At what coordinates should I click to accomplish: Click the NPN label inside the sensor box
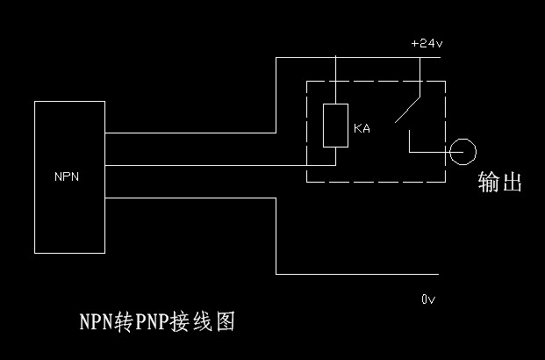pyautogui.click(x=67, y=176)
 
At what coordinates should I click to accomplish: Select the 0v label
pyautogui.click(x=427, y=299)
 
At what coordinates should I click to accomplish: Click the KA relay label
pyautogui.click(x=362, y=129)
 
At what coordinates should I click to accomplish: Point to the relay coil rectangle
pyautogui.click(x=335, y=126)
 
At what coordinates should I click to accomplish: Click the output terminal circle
pyautogui.click(x=462, y=153)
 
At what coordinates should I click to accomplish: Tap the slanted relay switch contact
pyautogui.click(x=406, y=105)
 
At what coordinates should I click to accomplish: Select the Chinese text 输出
pyautogui.click(x=499, y=182)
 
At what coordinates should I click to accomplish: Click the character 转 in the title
pyautogui.click(x=122, y=321)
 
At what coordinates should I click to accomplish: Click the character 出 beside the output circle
pyautogui.click(x=511, y=182)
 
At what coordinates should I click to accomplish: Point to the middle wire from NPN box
pyautogui.click(x=219, y=165)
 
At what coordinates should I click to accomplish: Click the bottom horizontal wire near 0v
pyautogui.click(x=342, y=274)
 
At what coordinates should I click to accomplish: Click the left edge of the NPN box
pyautogui.click(x=34, y=176)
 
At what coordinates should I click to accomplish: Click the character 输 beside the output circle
pyautogui.click(x=488, y=182)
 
